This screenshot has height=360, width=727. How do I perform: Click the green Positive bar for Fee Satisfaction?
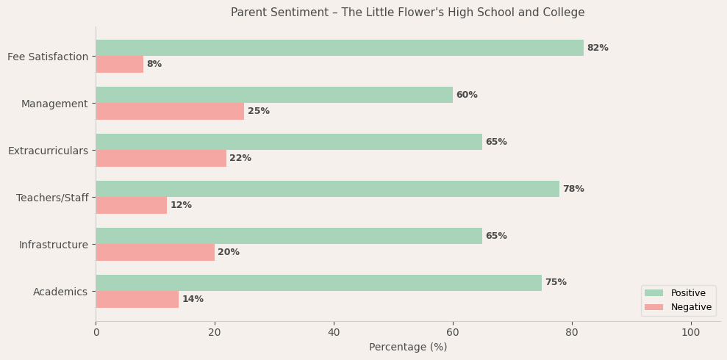pos(339,48)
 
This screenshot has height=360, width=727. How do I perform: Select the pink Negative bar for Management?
pos(170,111)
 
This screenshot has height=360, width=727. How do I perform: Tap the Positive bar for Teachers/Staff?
pos(327,189)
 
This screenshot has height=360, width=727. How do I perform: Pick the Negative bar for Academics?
pos(137,299)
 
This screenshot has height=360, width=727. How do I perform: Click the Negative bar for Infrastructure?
pos(155,252)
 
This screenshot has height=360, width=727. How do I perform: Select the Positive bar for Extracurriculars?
pos(289,142)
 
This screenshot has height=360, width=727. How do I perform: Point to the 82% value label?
pos(598,48)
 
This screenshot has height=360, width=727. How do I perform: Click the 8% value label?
pos(154,64)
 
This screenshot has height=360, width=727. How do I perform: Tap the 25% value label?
pos(259,111)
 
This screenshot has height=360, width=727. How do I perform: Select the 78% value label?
pos(573,189)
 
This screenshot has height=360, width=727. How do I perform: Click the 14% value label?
pos(193,299)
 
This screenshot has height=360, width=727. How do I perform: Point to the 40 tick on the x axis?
pos(334,332)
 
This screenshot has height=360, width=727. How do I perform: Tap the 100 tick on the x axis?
pos(691,332)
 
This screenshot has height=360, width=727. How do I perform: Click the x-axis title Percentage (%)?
pos(408,347)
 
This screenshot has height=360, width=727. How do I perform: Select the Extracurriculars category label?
pos(48,151)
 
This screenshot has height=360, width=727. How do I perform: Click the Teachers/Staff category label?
pos(52,198)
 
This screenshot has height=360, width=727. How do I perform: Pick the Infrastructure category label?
pos(54,245)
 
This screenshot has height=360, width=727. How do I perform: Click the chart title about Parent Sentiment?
pos(408,12)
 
